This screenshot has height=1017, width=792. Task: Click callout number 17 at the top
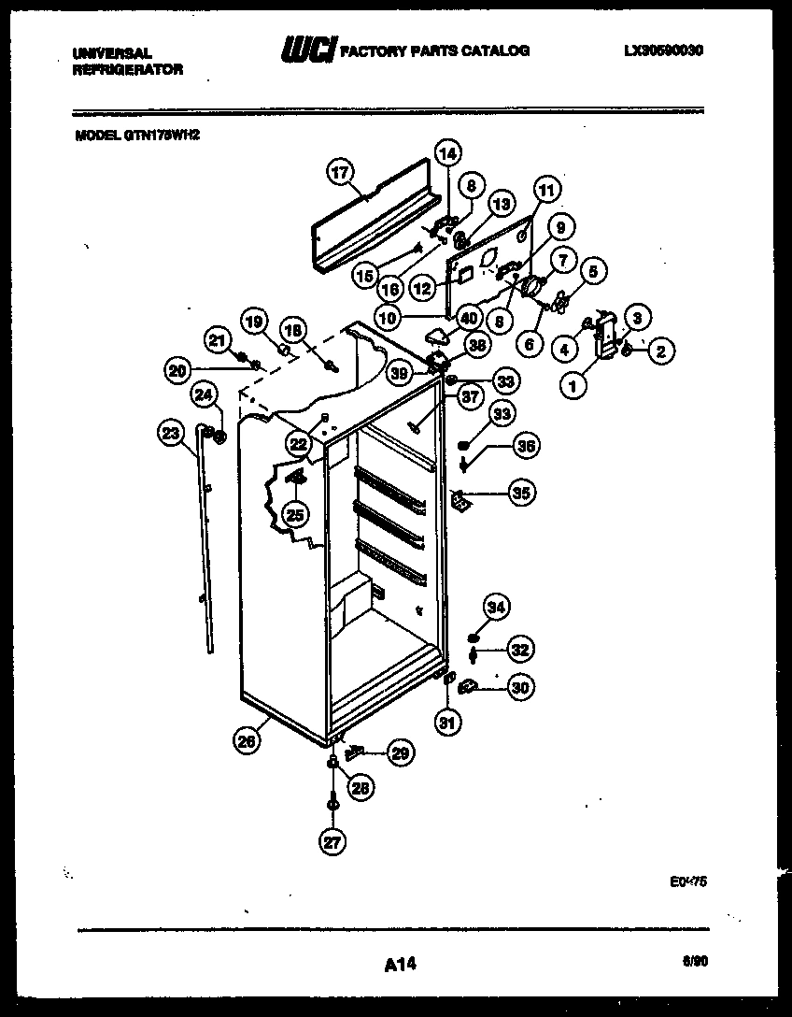(341, 172)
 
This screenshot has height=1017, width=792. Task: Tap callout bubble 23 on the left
(170, 432)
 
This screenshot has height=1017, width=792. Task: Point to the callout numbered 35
(520, 491)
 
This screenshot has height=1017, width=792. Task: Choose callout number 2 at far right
(660, 351)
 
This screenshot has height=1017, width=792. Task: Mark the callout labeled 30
(520, 688)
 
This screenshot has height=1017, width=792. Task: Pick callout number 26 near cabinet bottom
(246, 743)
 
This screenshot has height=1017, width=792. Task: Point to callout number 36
(527, 447)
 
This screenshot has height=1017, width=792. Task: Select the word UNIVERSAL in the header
(111, 54)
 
